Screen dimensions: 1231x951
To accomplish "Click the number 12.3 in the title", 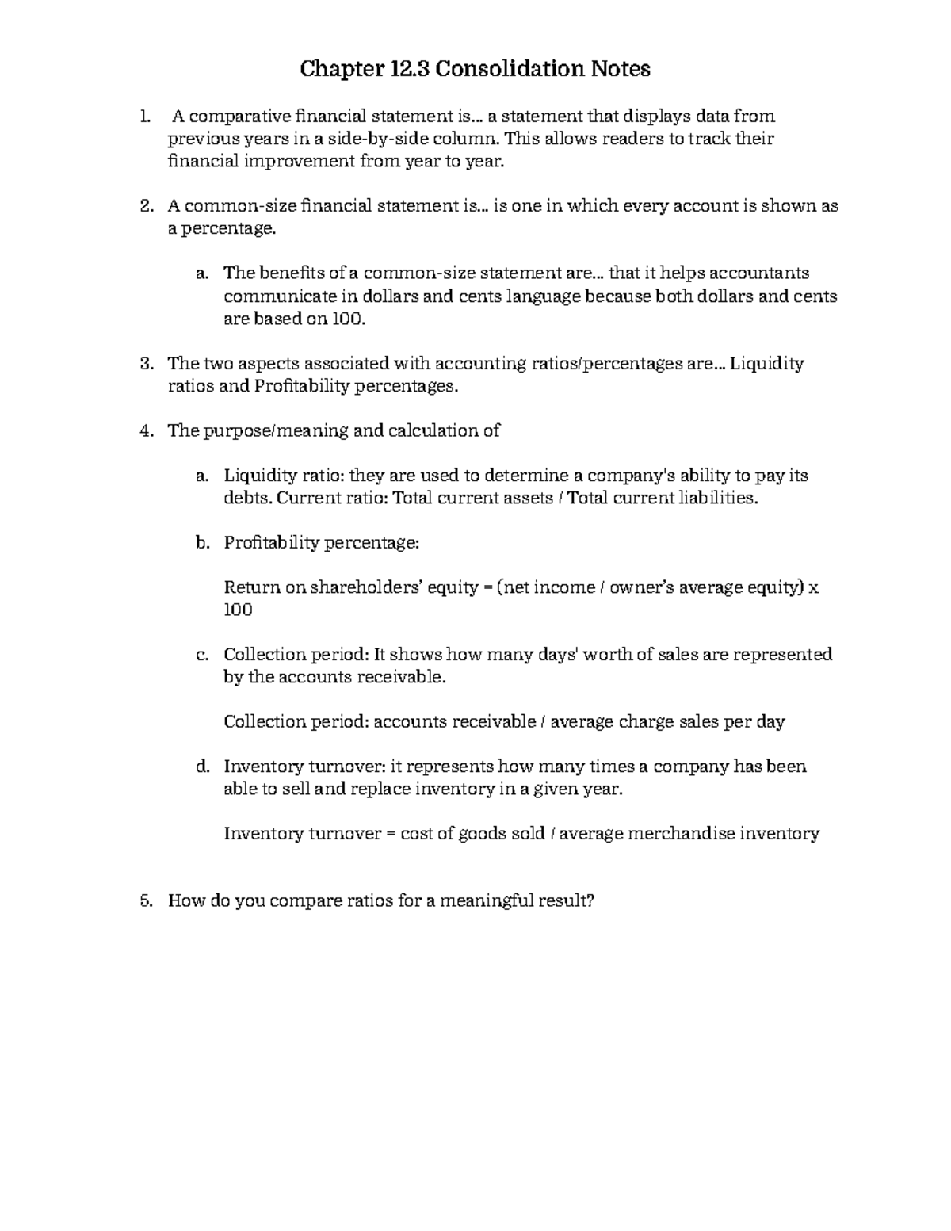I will [x=411, y=70].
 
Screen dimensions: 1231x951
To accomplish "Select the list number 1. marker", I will [x=144, y=117].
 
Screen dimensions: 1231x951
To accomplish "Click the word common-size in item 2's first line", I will [x=223, y=206].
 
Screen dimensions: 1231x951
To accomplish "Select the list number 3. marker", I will [x=145, y=364].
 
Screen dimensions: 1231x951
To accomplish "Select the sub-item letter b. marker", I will [x=202, y=543].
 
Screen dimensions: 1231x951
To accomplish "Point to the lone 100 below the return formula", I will [x=238, y=610].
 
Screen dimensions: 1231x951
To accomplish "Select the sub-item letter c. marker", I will [x=202, y=655].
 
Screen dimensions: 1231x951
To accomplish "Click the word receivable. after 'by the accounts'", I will [x=402, y=677].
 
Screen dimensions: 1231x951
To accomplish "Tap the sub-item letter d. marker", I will [x=202, y=767].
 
